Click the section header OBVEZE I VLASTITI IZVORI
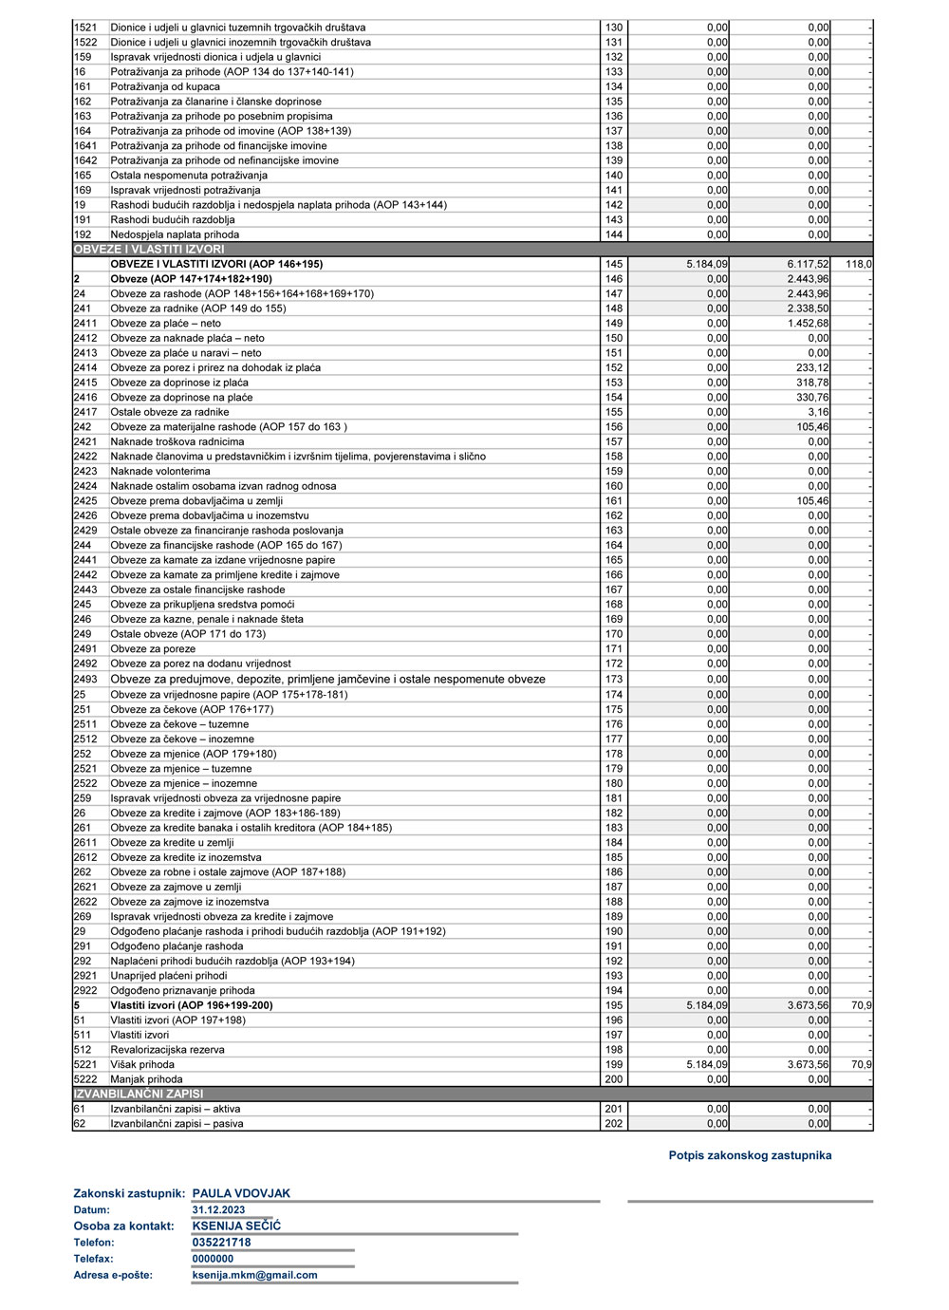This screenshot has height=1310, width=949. [149, 250]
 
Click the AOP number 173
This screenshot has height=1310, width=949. [614, 680]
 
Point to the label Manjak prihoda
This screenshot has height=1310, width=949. [146, 1079]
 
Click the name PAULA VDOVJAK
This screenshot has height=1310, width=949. [241, 1194]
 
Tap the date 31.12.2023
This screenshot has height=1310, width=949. [218, 1210]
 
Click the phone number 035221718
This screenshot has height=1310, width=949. [221, 1243]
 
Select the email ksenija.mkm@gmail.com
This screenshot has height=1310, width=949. [254, 1275]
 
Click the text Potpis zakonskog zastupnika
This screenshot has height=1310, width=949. [750, 1155]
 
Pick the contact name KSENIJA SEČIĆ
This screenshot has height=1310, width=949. [236, 1226]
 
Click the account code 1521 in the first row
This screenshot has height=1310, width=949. [85, 28]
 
